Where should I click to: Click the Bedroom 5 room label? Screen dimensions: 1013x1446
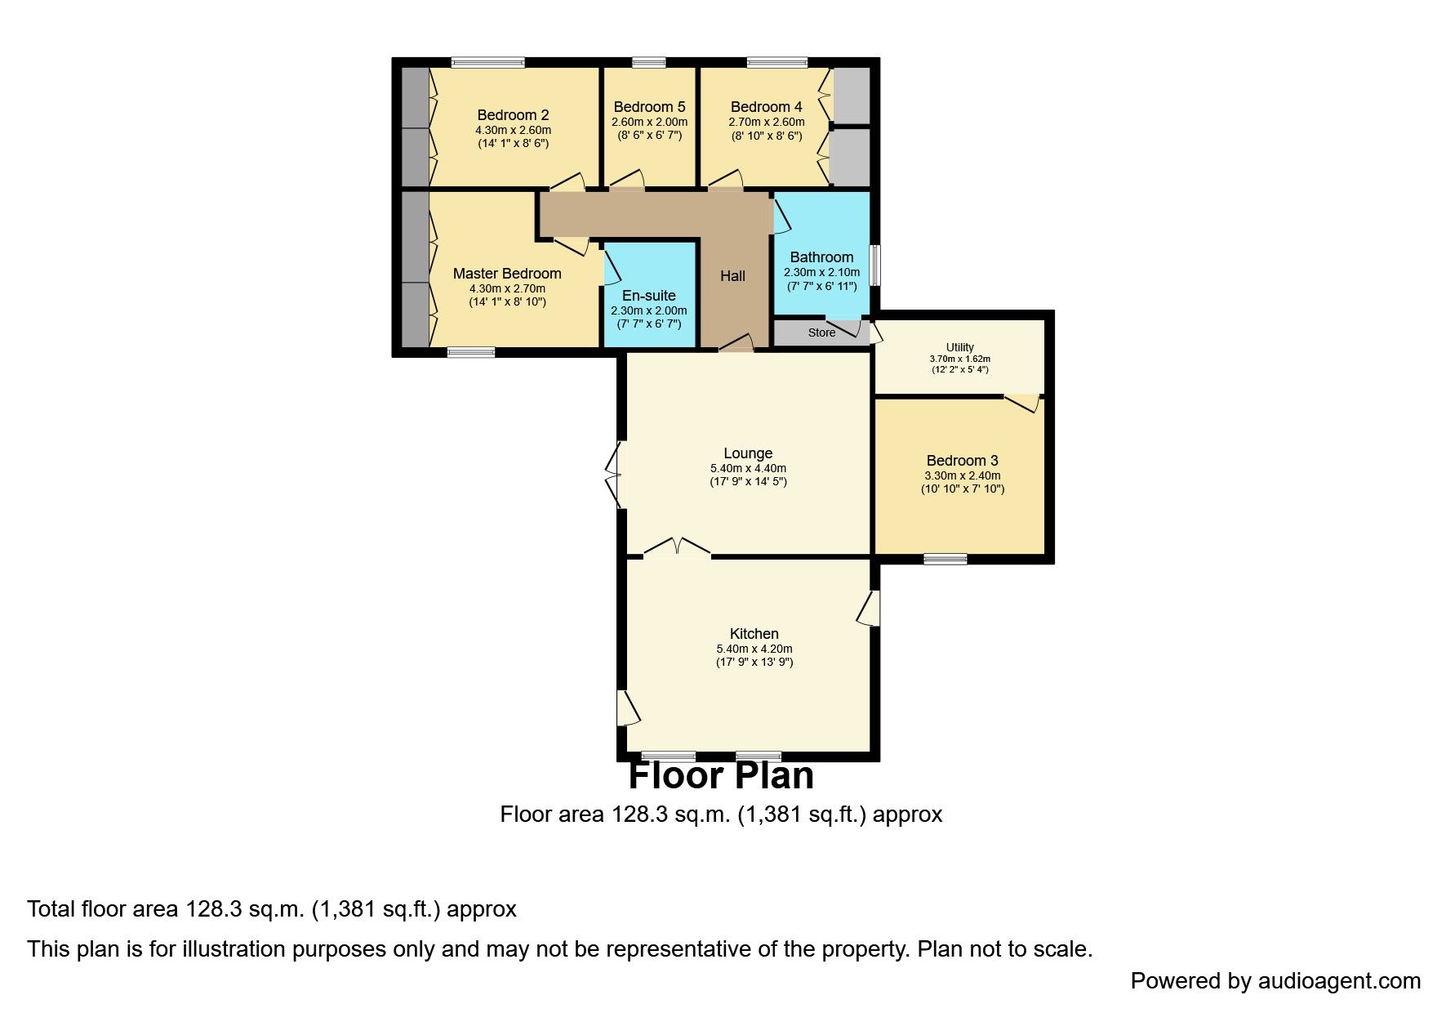click(649, 107)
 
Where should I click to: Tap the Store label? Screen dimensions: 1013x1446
click(821, 332)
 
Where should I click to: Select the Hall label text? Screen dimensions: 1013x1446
click(732, 276)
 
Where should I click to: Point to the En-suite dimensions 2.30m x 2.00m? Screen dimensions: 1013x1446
click(649, 310)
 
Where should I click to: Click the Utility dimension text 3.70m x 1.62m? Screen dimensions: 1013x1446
click(959, 359)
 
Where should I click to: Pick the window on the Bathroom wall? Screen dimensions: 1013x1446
click(874, 265)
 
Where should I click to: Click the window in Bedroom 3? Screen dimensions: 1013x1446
click(945, 559)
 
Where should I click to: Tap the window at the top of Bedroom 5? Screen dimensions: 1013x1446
click(649, 62)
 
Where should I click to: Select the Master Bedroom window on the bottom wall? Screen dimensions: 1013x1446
click(471, 352)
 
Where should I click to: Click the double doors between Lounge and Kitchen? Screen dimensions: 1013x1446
click(677, 547)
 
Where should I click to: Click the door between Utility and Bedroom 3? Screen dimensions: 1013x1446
click(1022, 401)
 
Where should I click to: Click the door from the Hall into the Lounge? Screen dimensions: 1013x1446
click(736, 344)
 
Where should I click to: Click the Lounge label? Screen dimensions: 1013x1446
click(748, 453)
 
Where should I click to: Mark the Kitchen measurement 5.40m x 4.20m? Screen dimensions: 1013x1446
click(754, 649)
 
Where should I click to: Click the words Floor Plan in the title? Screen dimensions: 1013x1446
click(721, 775)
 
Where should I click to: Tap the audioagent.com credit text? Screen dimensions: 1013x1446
click(1275, 980)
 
